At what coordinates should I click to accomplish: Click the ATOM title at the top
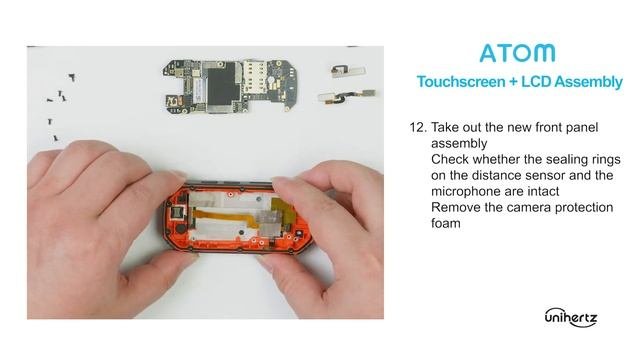[518, 53]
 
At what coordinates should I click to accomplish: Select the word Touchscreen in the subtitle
[461, 82]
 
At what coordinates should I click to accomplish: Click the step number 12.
[418, 127]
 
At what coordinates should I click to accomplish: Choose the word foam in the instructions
[446, 223]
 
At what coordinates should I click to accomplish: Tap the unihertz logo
[571, 317]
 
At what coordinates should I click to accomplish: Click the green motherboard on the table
[231, 86]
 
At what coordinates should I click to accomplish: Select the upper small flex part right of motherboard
[347, 71]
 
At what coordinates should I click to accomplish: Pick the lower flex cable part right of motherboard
[347, 97]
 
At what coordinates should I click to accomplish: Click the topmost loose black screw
[72, 77]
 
